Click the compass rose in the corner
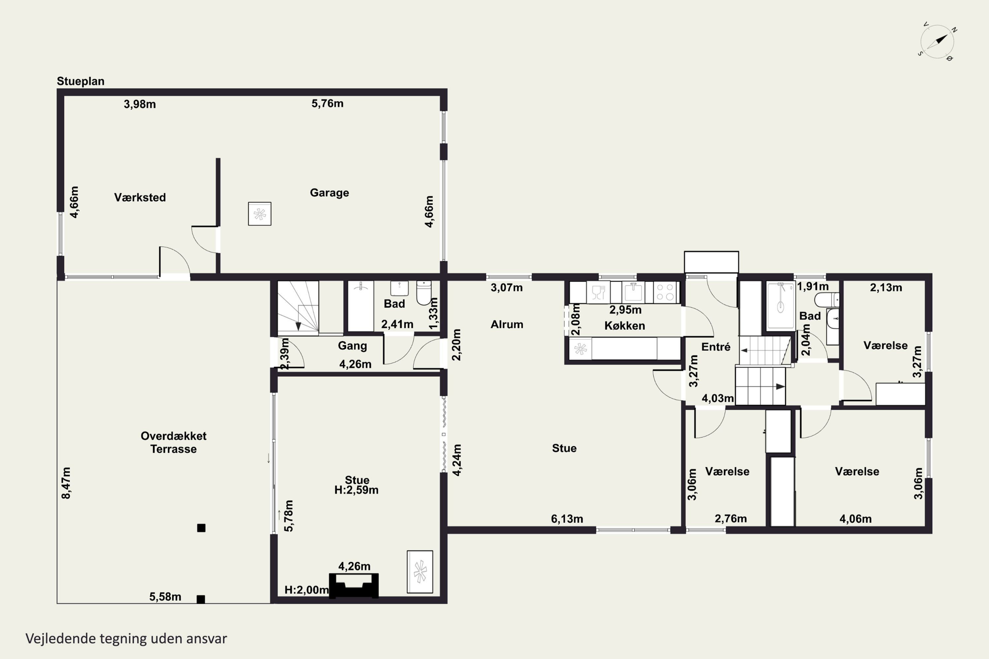coord(937,42)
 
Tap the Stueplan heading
coord(81,81)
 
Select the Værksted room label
coord(140,197)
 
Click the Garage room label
coord(329,192)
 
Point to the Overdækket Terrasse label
coord(173,442)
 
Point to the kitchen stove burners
coord(665,292)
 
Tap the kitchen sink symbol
coord(633,292)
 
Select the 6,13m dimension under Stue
coord(567,519)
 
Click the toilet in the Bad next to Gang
coord(424,293)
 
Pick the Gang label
coord(352,346)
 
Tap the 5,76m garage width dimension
coord(327,103)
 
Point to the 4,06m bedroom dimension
coord(855,519)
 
